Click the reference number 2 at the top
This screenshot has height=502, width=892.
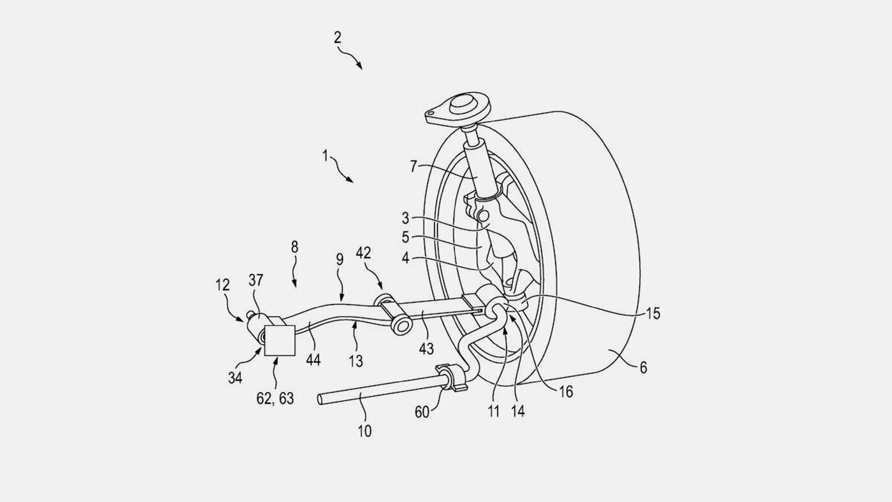tap(337, 38)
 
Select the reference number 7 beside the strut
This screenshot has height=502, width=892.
tap(414, 166)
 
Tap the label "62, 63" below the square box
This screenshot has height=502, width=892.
tap(275, 399)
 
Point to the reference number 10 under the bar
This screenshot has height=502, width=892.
tap(364, 431)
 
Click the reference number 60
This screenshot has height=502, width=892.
tap(422, 412)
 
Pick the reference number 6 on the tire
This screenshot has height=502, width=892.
tap(643, 368)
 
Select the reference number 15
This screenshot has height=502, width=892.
tap(652, 313)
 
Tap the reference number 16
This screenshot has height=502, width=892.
tap(566, 392)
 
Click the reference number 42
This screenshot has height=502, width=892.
tap(363, 253)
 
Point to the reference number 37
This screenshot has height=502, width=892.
tap(255, 280)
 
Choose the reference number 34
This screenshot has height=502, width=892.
tap(235, 378)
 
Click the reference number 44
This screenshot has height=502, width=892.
tap(313, 360)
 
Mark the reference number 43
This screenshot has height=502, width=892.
tap(426, 349)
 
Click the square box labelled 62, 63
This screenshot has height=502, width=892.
tap(280, 340)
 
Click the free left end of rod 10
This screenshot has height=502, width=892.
tap(320, 399)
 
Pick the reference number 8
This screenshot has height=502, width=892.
tap(294, 247)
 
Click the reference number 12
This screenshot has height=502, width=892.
tap(222, 285)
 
